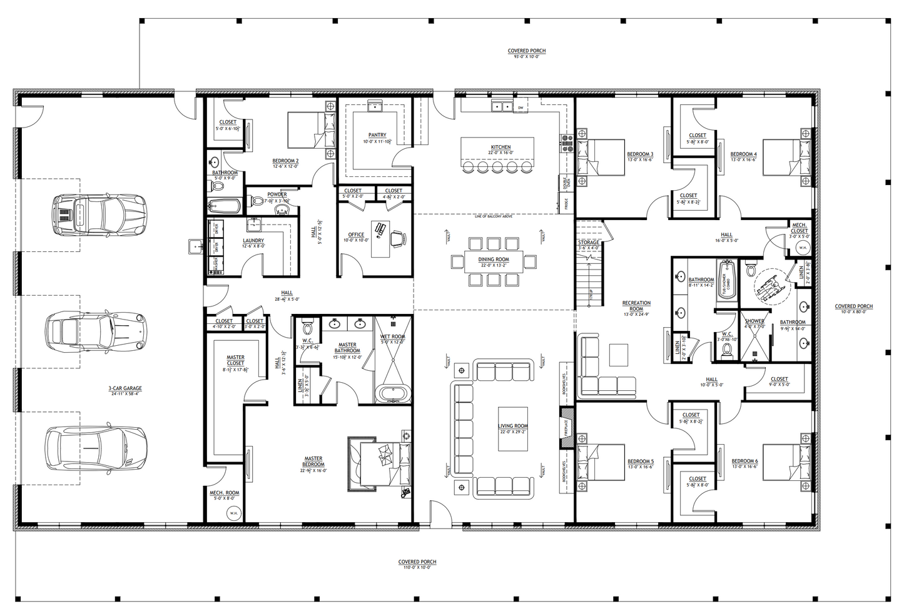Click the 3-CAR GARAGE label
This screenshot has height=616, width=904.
124,388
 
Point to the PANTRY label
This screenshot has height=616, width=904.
377,135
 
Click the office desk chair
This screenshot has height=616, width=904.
398,238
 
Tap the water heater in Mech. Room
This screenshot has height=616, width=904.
233,513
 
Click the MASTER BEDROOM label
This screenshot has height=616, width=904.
313,461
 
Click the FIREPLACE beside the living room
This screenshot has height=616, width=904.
567,427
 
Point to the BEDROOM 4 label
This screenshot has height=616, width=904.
743,154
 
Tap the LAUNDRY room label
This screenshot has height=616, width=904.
253,241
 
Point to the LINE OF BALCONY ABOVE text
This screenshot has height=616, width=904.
494,216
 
